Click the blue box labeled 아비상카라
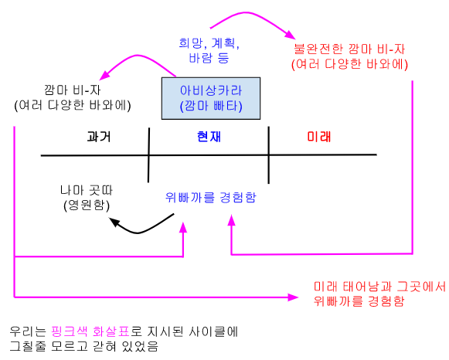(x=211, y=98)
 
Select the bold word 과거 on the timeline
(x=99, y=137)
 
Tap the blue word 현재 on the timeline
(x=209, y=137)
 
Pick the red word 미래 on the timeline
(x=318, y=137)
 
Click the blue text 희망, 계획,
(x=209, y=43)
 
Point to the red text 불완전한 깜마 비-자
(x=349, y=49)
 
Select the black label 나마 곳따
(x=87, y=190)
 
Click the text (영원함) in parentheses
(x=87, y=205)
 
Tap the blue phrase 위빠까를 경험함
(x=211, y=197)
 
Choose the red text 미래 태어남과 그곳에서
(x=379, y=287)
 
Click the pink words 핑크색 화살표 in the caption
(x=90, y=331)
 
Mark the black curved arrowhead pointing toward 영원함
(x=115, y=222)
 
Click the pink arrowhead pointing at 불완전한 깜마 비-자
(x=290, y=35)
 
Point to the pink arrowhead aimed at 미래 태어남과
(x=293, y=297)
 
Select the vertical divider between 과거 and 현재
(x=148, y=155)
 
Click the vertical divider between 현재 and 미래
(x=269, y=155)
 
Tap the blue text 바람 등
(x=209, y=58)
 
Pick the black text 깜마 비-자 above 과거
(x=73, y=90)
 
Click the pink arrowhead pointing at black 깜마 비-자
(x=104, y=75)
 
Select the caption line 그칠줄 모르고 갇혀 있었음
(x=84, y=346)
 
